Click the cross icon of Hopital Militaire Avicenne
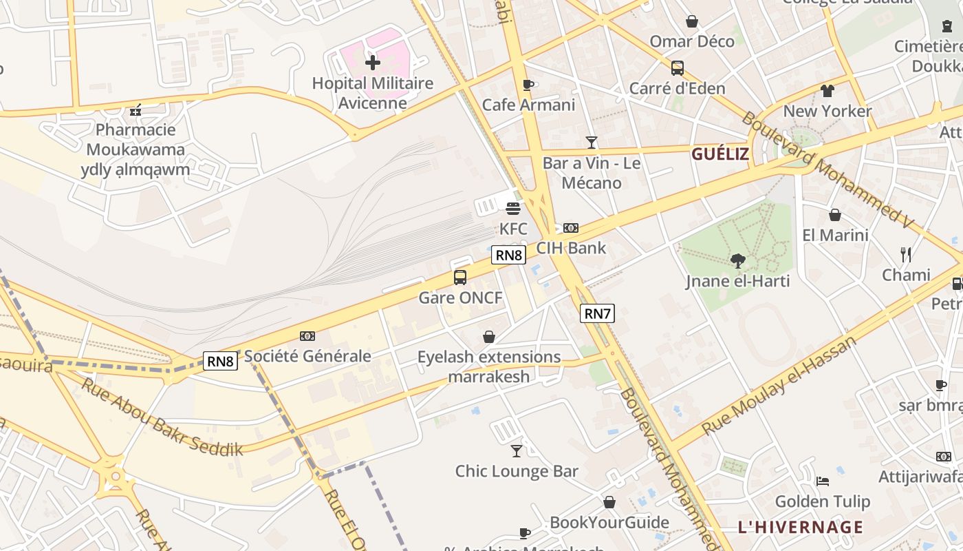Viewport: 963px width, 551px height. [x=372, y=63]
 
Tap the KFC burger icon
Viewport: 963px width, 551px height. [x=513, y=208]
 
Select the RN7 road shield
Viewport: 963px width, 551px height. [x=596, y=314]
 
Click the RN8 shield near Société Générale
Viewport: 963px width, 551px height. [x=220, y=361]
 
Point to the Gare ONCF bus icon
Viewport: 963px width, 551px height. [x=460, y=278]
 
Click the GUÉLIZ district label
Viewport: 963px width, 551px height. [x=719, y=154]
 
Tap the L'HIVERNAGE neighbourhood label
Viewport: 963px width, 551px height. [x=800, y=528]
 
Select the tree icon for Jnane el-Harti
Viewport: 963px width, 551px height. [x=737, y=260]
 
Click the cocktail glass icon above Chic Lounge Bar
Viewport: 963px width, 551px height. [x=516, y=451]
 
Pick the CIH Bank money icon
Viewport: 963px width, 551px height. [x=571, y=228]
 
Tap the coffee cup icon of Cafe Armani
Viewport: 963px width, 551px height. [x=528, y=85]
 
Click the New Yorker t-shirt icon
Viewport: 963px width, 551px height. [x=827, y=91]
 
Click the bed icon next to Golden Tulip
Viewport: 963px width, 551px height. [x=822, y=481]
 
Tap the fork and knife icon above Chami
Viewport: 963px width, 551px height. [x=906, y=255]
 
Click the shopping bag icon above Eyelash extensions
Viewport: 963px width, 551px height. [x=488, y=337]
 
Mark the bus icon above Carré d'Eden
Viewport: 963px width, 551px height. [x=677, y=67]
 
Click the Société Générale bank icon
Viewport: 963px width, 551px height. [x=307, y=336]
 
